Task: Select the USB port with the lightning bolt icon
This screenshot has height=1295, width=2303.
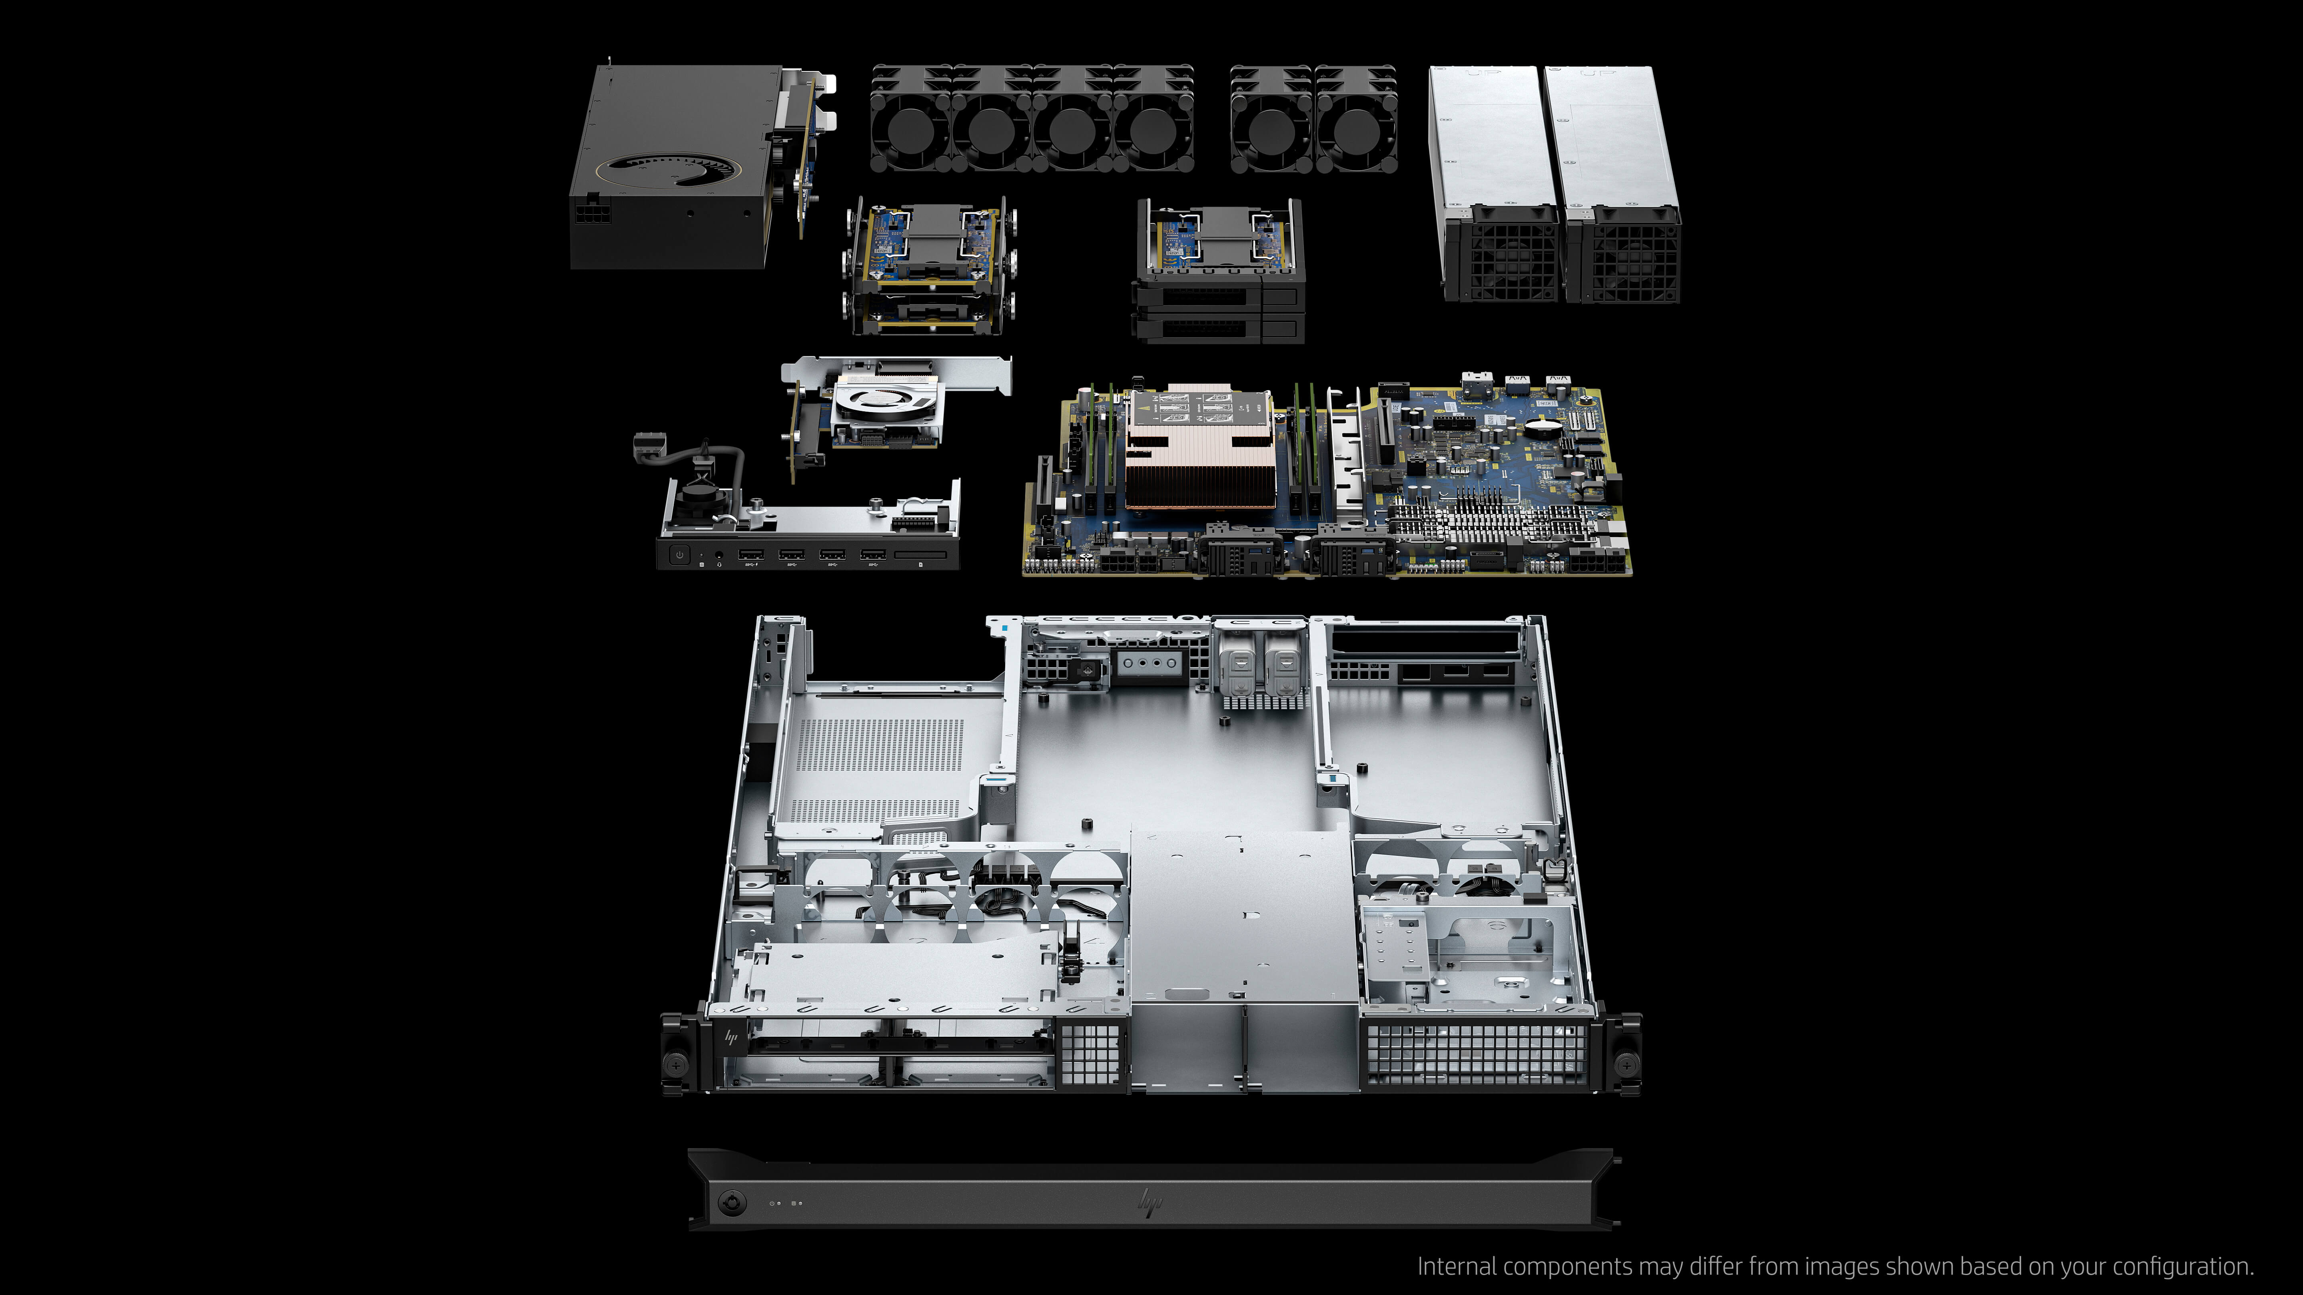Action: point(750,555)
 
